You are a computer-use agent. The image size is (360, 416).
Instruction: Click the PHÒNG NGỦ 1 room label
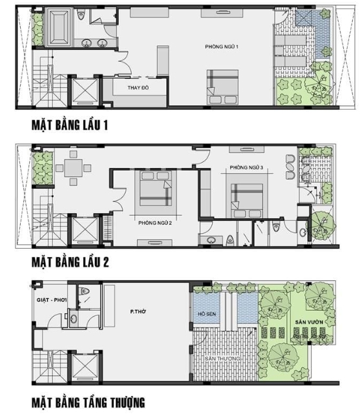pyautogui.click(x=222, y=47)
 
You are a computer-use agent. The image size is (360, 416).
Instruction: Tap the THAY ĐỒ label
pyautogui.click(x=138, y=88)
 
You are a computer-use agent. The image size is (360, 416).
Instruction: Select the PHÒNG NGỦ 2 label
pyautogui.click(x=155, y=223)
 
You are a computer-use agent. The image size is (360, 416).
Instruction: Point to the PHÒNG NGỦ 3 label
pyautogui.click(x=246, y=167)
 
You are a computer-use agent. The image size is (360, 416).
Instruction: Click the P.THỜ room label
pyautogui.click(x=138, y=312)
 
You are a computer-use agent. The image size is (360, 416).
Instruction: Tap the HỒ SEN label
pyautogui.click(x=207, y=314)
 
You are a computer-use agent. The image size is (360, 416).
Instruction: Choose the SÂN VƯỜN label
pyautogui.click(x=309, y=322)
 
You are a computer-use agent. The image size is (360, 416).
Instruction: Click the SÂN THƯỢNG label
pyautogui.click(x=222, y=359)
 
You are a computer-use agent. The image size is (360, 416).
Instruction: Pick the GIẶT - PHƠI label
pyautogui.click(x=52, y=300)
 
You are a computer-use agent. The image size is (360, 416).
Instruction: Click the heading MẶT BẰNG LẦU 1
pyautogui.click(x=70, y=125)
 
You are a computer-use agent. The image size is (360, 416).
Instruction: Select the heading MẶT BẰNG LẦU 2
pyautogui.click(x=70, y=262)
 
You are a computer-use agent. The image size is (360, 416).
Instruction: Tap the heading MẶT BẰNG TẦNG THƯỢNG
pyautogui.click(x=89, y=402)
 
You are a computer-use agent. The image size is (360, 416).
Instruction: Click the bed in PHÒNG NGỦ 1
pyautogui.click(x=222, y=87)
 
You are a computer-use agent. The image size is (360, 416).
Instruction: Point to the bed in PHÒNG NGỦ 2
pyautogui.click(x=156, y=188)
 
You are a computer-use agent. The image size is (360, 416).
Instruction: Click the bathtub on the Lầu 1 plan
pyautogui.click(x=59, y=27)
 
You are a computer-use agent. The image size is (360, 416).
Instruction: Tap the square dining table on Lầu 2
pyautogui.click(x=73, y=168)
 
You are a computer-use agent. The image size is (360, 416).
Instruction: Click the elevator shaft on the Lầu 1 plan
pyautogui.click(x=85, y=90)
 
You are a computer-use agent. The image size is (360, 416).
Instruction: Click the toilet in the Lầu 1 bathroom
pyautogui.click(x=81, y=16)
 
